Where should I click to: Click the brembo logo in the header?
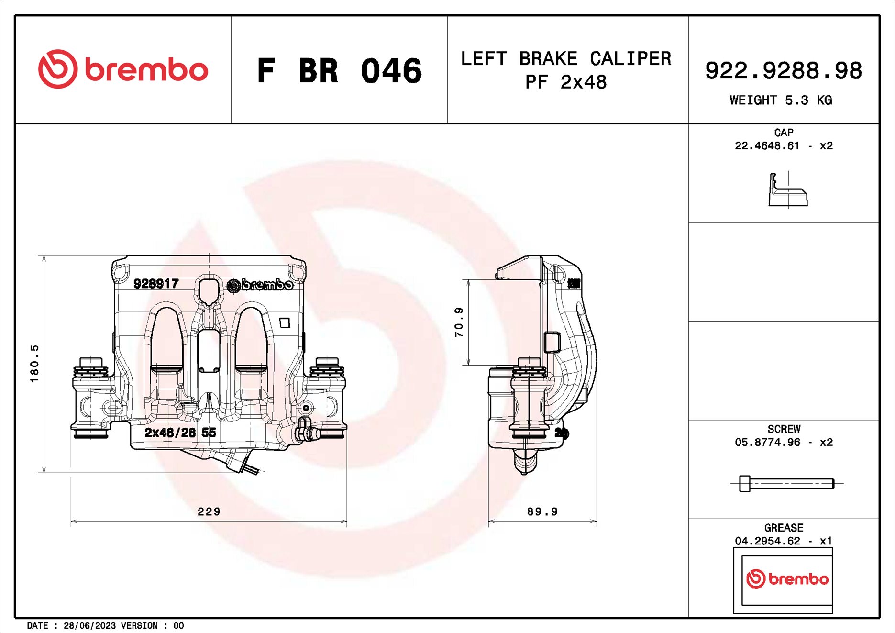tap(123, 69)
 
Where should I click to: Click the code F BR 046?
tap(339, 71)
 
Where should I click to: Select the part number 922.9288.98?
tap(783, 71)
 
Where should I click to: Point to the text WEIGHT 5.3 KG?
tap(781, 100)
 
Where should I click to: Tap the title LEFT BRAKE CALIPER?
tap(566, 59)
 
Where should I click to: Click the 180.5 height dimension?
tap(34, 364)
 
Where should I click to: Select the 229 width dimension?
tap(209, 511)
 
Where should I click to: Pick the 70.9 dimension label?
tap(459, 322)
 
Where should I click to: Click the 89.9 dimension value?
tap(542, 511)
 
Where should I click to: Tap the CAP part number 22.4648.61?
tap(767, 146)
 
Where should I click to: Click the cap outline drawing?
tap(787, 191)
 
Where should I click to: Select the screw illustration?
tap(786, 484)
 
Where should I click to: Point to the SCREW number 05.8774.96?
tap(767, 443)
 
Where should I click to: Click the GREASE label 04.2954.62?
tap(767, 541)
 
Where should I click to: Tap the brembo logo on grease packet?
tap(787, 579)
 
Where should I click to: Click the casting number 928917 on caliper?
tap(156, 284)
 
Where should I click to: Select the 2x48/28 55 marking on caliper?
tap(180, 433)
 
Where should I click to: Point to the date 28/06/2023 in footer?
tap(90, 626)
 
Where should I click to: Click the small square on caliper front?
tap(285, 323)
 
